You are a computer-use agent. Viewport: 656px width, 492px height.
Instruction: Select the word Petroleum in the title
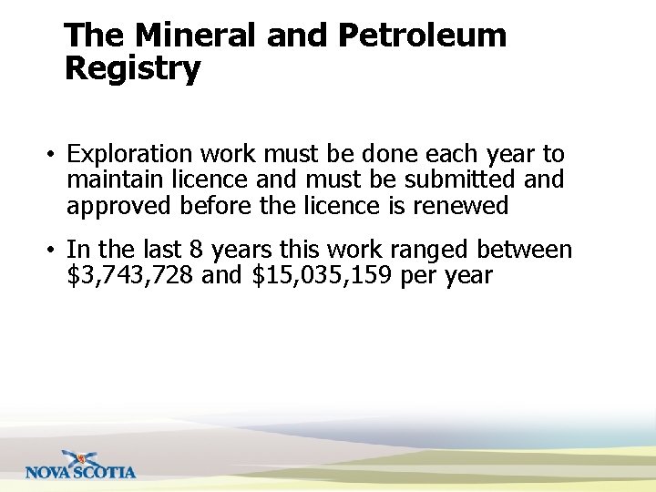422,36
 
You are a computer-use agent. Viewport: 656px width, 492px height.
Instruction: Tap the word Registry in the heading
133,69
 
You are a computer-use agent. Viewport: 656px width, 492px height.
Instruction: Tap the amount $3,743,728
130,275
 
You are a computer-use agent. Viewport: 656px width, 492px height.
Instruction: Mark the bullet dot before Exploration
53,156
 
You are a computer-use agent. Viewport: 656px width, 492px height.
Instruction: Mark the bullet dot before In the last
53,251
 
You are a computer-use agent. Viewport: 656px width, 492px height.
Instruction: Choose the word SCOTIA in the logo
105,472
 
